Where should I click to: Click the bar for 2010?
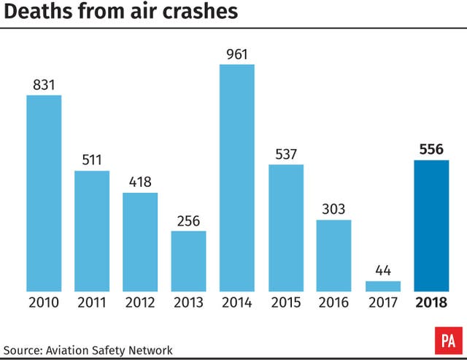point(44,194)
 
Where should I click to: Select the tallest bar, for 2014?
point(237,178)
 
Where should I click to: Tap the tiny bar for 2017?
point(383,286)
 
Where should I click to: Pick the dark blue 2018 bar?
point(431,226)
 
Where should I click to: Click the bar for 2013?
point(189,261)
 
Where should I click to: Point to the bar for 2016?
point(334,256)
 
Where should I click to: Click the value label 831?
point(44,84)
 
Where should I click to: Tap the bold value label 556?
point(431,148)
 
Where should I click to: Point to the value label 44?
point(383,269)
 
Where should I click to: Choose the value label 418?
point(140,181)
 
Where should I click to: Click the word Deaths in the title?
point(36,12)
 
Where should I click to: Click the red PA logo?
point(447,340)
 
